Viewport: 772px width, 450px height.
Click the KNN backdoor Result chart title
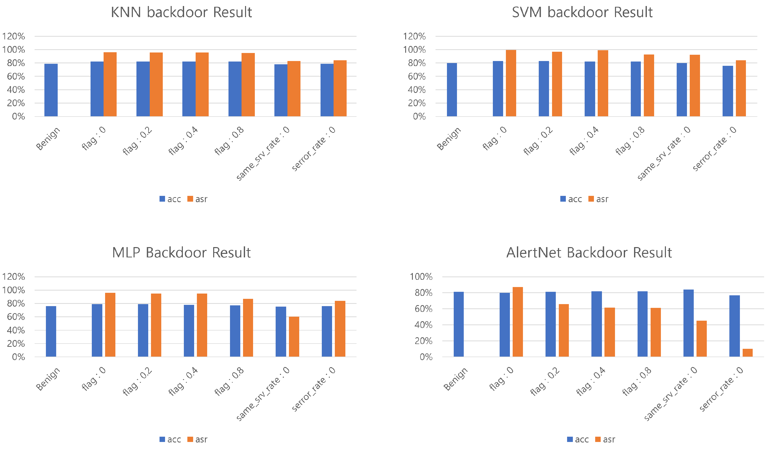(181, 13)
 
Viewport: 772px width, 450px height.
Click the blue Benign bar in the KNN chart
(51, 90)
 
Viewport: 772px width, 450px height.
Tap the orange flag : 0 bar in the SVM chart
(511, 83)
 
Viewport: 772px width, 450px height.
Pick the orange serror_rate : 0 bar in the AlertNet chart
(747, 353)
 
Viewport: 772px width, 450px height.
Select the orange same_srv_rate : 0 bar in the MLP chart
(294, 337)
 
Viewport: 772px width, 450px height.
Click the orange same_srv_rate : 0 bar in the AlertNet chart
(701, 339)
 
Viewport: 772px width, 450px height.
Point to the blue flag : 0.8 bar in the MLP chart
(235, 331)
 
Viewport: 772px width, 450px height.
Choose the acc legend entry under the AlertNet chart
(577, 439)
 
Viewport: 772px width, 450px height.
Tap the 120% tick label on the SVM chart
(414, 36)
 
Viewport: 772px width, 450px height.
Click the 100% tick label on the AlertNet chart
(421, 277)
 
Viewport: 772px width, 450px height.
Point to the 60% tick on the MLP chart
(16, 317)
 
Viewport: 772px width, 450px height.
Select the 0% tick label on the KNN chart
(18, 117)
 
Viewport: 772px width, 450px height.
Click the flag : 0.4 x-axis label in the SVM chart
(584, 141)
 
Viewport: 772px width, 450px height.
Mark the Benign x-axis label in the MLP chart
(48, 379)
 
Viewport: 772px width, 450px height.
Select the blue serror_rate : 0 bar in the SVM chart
(728, 91)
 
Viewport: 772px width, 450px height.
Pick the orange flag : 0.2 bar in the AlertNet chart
(563, 330)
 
